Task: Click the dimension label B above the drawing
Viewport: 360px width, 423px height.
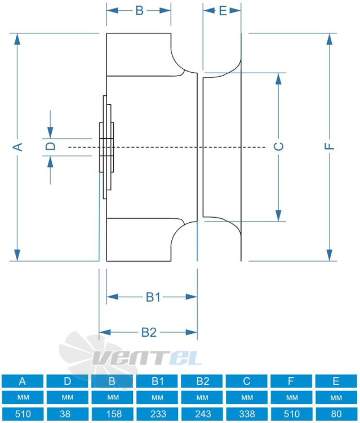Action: coord(139,11)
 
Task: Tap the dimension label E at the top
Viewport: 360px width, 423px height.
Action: coord(223,11)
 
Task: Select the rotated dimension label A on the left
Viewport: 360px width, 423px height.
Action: coord(18,147)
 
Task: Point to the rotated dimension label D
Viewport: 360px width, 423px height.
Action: coord(50,146)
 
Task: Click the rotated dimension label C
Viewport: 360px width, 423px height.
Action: coord(279,146)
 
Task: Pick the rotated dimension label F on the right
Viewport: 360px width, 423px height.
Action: coord(329,146)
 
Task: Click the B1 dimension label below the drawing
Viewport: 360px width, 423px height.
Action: coord(153,297)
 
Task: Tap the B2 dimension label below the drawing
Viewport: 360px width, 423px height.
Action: coord(149,332)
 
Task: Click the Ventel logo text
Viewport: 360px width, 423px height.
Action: coord(147,358)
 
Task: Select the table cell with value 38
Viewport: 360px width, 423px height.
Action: coord(68,414)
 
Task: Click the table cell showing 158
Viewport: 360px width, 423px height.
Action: coord(112,414)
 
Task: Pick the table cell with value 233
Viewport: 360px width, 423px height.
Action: coord(157,414)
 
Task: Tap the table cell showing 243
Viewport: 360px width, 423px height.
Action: coord(202,414)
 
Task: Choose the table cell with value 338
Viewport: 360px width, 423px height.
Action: coord(247,414)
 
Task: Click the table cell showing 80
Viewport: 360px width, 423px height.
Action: coord(336,414)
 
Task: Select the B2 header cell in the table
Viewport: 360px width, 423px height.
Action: coord(202,381)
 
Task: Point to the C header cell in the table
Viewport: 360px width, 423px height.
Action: coord(247,381)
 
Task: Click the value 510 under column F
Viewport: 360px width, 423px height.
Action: coord(291,414)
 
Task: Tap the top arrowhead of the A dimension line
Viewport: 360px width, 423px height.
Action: coord(17,39)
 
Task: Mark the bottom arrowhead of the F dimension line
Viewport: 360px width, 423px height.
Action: coord(329,255)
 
